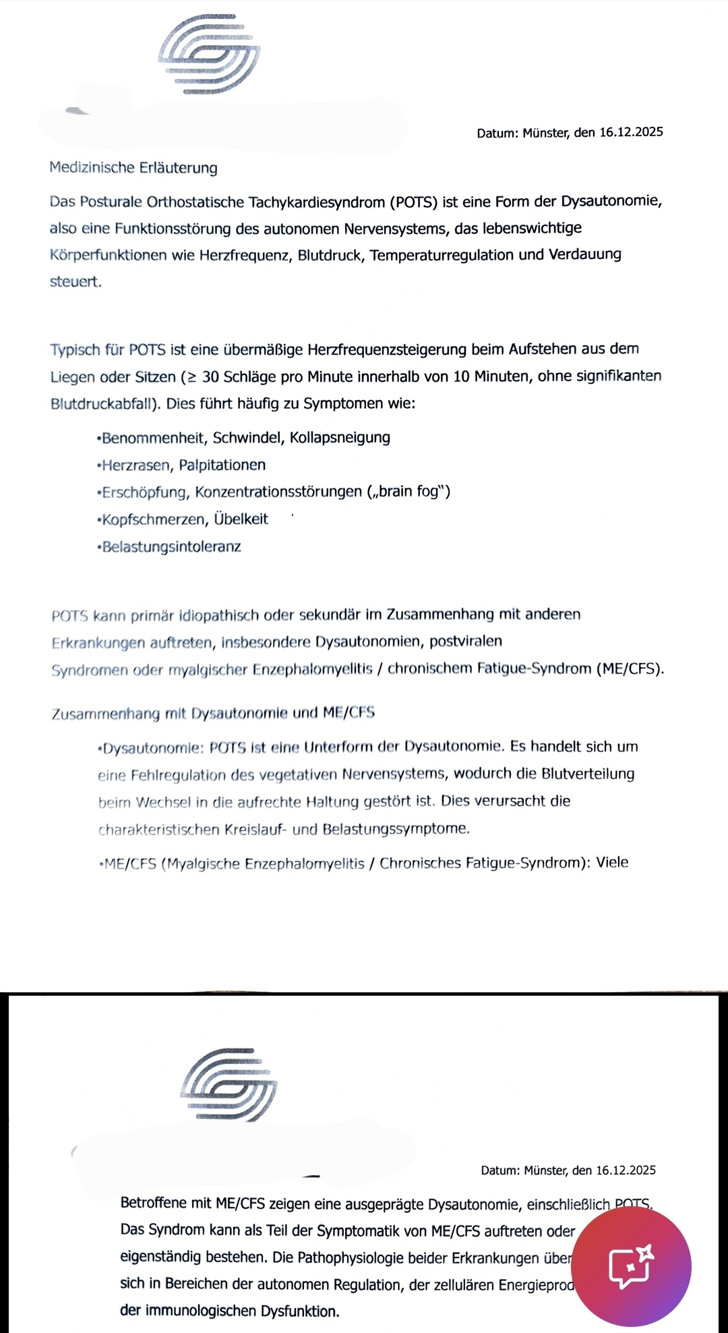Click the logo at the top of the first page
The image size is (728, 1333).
click(x=209, y=55)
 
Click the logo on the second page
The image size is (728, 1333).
click(x=229, y=1084)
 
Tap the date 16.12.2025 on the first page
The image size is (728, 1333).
click(x=631, y=132)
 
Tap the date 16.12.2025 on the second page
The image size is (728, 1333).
click(x=626, y=1170)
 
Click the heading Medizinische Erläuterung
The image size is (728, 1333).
click(x=133, y=167)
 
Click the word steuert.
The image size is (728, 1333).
click(x=75, y=282)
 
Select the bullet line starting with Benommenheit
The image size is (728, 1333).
click(x=244, y=438)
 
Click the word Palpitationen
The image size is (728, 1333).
click(x=222, y=465)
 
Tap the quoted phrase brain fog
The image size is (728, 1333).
click(x=408, y=492)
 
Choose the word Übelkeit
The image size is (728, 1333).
click(x=241, y=519)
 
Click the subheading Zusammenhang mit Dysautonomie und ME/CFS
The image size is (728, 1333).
click(x=213, y=713)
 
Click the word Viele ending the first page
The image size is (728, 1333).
click(x=612, y=863)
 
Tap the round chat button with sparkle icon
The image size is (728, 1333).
click(x=635, y=1266)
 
